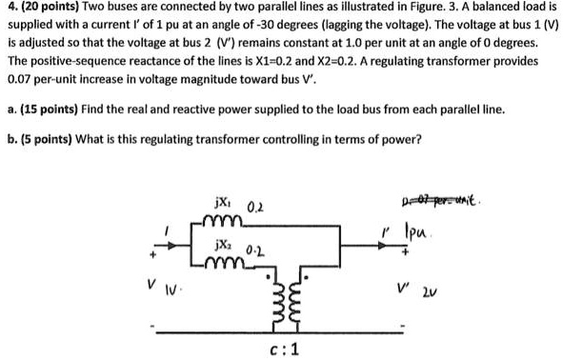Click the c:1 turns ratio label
[284, 350]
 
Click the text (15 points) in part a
[57, 109]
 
